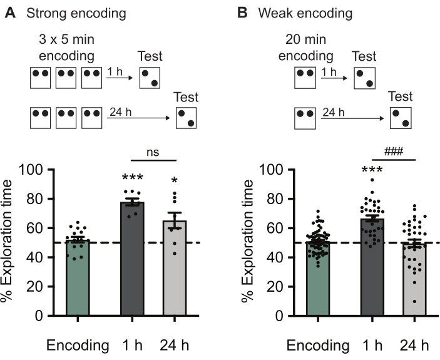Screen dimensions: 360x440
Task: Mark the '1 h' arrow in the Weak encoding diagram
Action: (x=334, y=80)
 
